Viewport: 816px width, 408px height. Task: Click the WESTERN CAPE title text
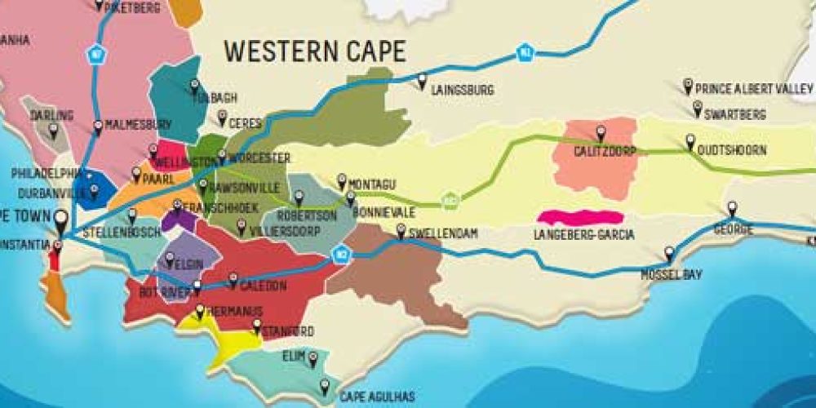[x=315, y=51]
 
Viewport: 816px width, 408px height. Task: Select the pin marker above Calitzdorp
[x=601, y=131]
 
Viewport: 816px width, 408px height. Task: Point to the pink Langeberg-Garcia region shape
[x=580, y=217]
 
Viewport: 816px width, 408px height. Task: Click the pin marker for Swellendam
[x=401, y=230]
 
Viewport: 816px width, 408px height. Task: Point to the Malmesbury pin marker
[x=98, y=126]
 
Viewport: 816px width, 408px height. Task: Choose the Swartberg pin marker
[x=698, y=108]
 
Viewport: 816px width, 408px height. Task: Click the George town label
[x=733, y=229]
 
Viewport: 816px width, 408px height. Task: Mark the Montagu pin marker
[x=342, y=180]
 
